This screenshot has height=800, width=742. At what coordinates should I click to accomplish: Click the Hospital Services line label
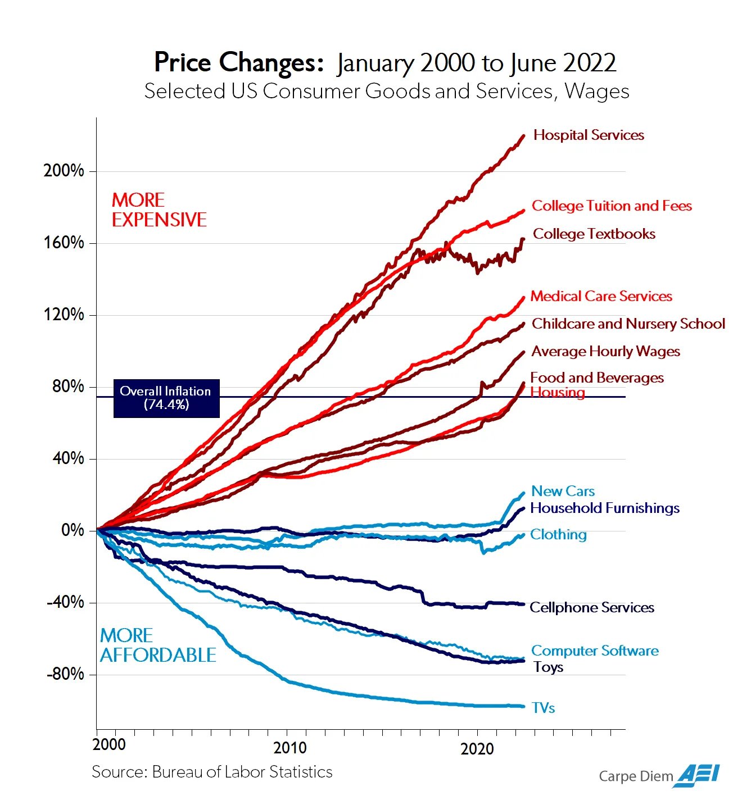[589, 135]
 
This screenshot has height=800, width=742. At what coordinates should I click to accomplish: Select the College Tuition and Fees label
[612, 206]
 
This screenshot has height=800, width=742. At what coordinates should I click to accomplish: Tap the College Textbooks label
[594, 234]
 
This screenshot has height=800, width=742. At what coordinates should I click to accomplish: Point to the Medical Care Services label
[601, 296]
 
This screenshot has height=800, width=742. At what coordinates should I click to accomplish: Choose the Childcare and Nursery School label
[628, 324]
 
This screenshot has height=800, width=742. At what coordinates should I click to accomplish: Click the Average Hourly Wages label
[605, 352]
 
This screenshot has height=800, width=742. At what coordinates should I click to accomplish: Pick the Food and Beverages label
[596, 378]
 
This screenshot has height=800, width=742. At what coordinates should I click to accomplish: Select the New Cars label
[563, 491]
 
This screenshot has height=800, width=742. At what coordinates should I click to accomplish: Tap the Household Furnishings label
[605, 508]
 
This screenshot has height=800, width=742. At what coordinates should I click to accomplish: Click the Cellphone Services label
[591, 607]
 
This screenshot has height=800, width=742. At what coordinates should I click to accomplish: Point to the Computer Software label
[595, 651]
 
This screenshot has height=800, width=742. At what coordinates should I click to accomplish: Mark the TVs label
[543, 708]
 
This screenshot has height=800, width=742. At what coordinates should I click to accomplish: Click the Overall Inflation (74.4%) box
[166, 398]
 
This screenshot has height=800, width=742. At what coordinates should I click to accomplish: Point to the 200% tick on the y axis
[64, 171]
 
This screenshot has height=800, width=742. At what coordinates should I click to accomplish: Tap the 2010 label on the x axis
[290, 748]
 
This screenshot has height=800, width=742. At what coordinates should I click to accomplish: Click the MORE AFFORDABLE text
[157, 646]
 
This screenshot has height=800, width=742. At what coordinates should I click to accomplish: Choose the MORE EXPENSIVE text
[159, 210]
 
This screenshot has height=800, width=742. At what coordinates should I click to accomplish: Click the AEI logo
[698, 775]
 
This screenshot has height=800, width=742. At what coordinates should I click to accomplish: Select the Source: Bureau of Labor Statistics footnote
[212, 772]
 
